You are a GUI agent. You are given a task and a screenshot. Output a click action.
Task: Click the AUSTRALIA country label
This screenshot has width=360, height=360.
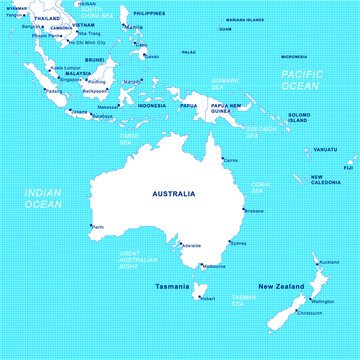(x=173, y=193)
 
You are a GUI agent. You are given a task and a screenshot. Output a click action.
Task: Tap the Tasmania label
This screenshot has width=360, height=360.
(x=172, y=286)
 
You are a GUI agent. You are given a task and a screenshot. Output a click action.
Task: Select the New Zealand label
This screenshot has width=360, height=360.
(x=281, y=287)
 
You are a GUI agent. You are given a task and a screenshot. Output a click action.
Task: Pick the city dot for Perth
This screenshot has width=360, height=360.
(x=90, y=226)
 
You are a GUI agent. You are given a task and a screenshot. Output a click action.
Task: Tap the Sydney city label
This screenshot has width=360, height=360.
(x=239, y=243)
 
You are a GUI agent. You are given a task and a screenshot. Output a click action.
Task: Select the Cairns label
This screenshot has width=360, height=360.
(x=231, y=160)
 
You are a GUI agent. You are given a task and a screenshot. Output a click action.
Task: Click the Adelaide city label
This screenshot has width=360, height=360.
(x=192, y=245)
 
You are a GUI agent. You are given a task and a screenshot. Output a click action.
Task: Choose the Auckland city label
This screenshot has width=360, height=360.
(x=328, y=262)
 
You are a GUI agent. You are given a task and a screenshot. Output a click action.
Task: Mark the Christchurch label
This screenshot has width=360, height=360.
(x=310, y=312)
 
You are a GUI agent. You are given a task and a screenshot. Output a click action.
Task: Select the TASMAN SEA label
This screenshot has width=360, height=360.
(x=244, y=297)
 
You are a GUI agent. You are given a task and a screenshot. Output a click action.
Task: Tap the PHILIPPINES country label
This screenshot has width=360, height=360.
(x=149, y=14)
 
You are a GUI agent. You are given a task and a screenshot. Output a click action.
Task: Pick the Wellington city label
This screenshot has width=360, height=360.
(x=322, y=301)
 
